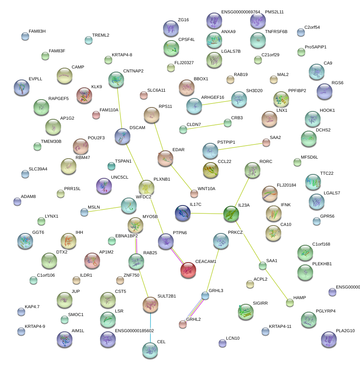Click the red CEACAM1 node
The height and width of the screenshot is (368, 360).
tap(188, 270)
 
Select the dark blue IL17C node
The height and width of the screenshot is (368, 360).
tap(183, 213)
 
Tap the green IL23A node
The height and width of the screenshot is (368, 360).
tap(231, 214)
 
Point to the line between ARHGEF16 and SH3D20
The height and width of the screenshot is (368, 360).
tap(216, 102)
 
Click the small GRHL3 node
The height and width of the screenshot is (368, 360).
tap(205, 295)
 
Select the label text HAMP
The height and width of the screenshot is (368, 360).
tap(300, 298)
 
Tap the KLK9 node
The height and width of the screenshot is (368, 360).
tap(84, 96)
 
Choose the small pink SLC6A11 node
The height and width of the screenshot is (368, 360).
tap(144, 95)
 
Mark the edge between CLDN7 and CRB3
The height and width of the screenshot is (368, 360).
tap(205, 126)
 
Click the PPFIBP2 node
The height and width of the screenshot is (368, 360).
tap(281, 99)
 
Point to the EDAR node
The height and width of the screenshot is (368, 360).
tap(165, 158)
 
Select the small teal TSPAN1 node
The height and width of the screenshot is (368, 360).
tap(111, 166)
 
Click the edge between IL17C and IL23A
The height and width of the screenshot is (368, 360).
tap(207, 213)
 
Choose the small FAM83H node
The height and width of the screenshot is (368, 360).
tap(25, 37)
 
